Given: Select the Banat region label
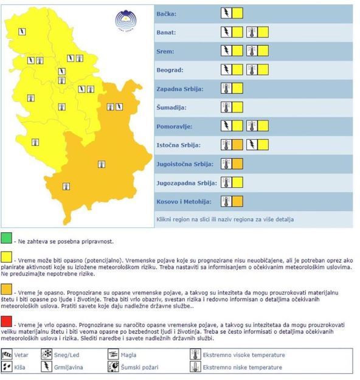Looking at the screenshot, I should click(x=167, y=32).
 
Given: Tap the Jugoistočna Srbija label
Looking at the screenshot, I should click(x=184, y=164).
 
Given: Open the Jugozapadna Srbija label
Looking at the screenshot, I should click(x=185, y=182).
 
